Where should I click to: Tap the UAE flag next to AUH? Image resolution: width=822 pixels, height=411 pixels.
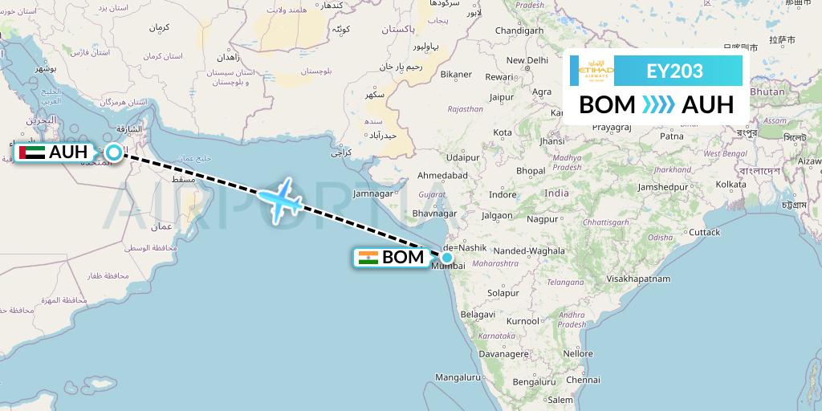31,152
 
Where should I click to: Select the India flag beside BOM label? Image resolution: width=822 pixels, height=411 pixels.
368,258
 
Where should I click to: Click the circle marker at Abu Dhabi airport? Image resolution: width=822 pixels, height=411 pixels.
115,152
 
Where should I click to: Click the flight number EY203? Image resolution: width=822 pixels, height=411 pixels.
674,71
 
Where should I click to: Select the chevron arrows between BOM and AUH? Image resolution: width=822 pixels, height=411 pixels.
658,105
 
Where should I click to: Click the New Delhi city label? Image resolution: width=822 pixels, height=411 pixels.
527,60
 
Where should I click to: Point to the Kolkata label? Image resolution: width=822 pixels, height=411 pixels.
730,184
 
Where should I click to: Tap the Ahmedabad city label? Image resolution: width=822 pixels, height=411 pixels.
443,175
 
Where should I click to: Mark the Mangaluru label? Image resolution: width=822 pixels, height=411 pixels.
457,376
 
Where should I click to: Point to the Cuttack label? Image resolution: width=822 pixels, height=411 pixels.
703,232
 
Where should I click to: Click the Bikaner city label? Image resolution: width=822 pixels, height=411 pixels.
456,75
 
